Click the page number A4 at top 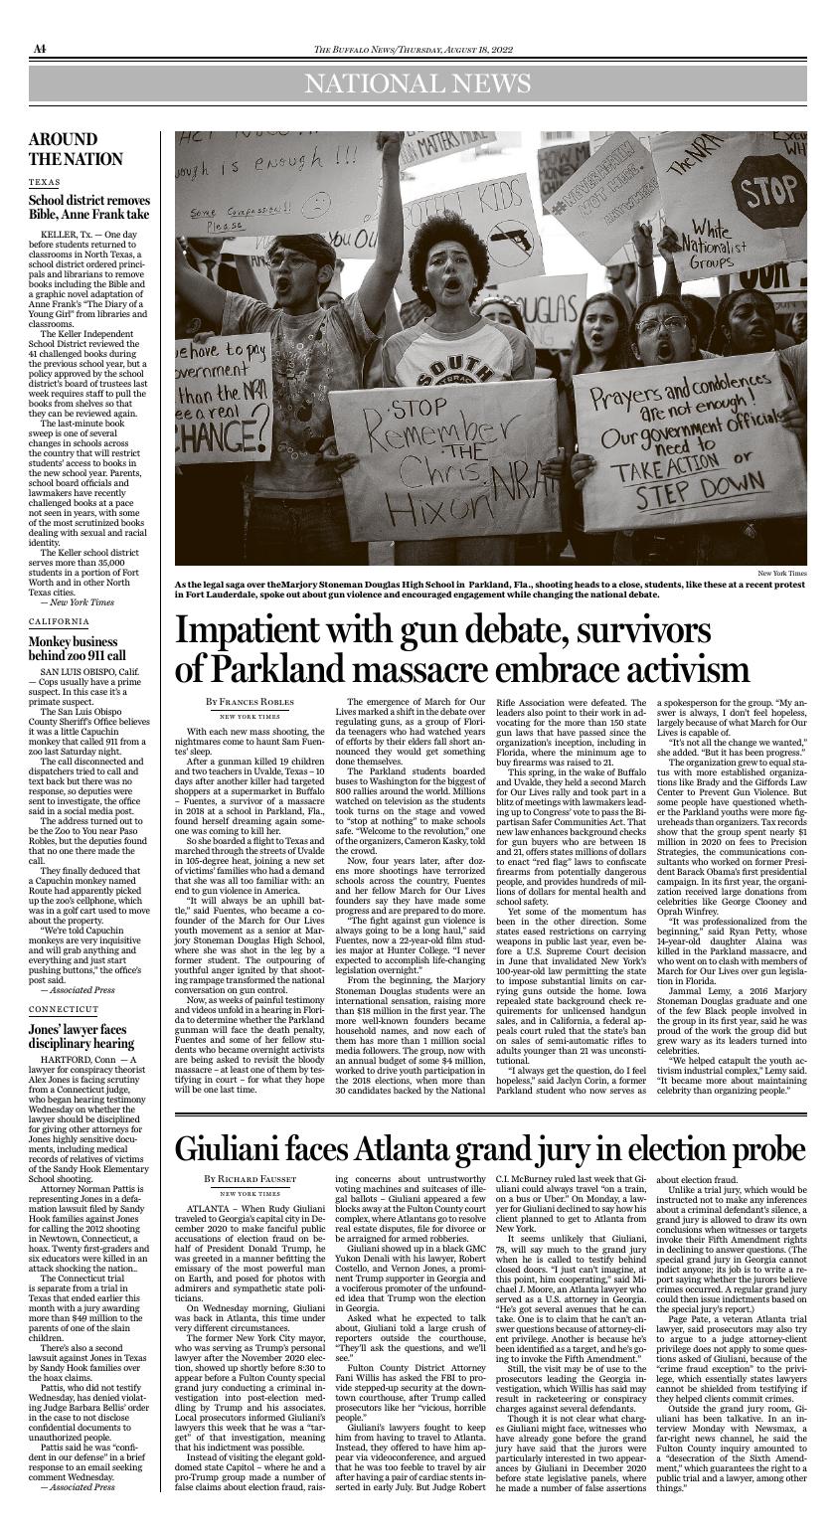point(39,49)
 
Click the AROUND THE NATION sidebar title point(76,149)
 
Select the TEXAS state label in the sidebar point(44,183)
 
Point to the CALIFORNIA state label point(59,621)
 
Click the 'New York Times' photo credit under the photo point(782,574)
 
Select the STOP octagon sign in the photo point(774,191)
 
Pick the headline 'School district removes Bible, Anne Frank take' point(89,207)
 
